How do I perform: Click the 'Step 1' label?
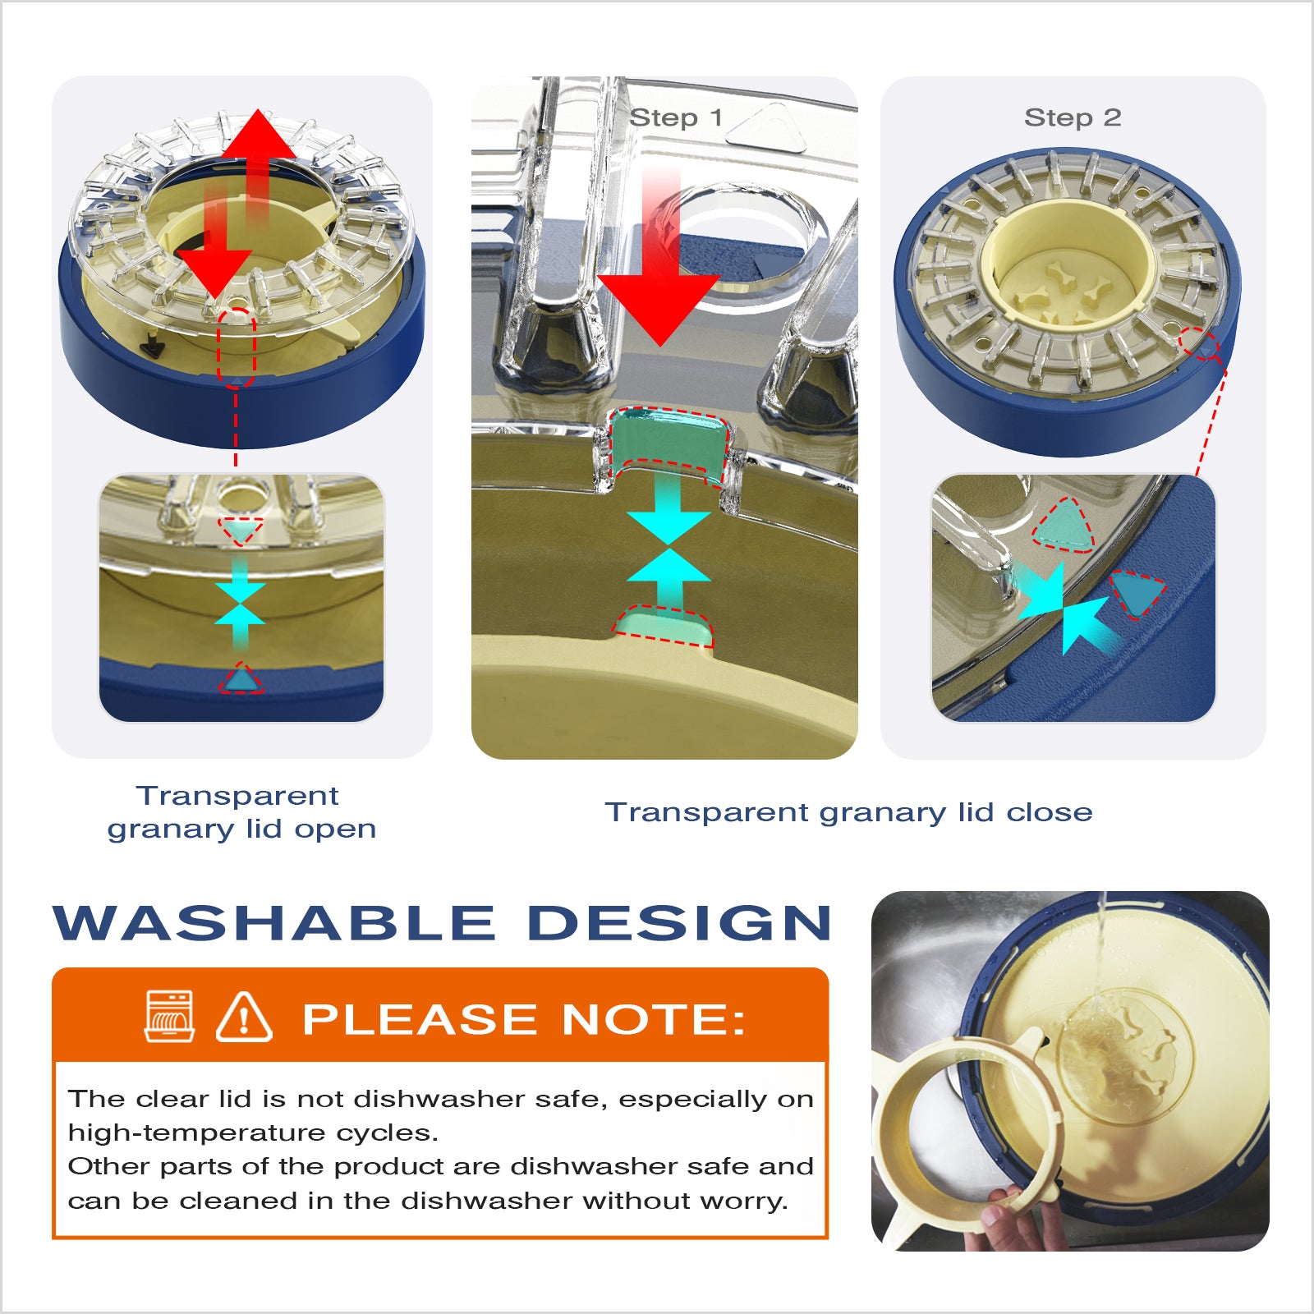676,117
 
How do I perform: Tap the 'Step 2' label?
1073,117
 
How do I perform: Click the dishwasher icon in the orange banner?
169,1017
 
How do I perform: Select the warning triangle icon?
244,1018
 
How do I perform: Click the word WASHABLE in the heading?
273,923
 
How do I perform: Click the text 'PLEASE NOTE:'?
524,1019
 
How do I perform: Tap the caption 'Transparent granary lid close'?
849,812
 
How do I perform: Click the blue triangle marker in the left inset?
241,679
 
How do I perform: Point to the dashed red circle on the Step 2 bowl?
1200,342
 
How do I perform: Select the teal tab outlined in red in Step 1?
668,443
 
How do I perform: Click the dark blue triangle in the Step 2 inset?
1138,593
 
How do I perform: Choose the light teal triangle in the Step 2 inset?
1064,526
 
